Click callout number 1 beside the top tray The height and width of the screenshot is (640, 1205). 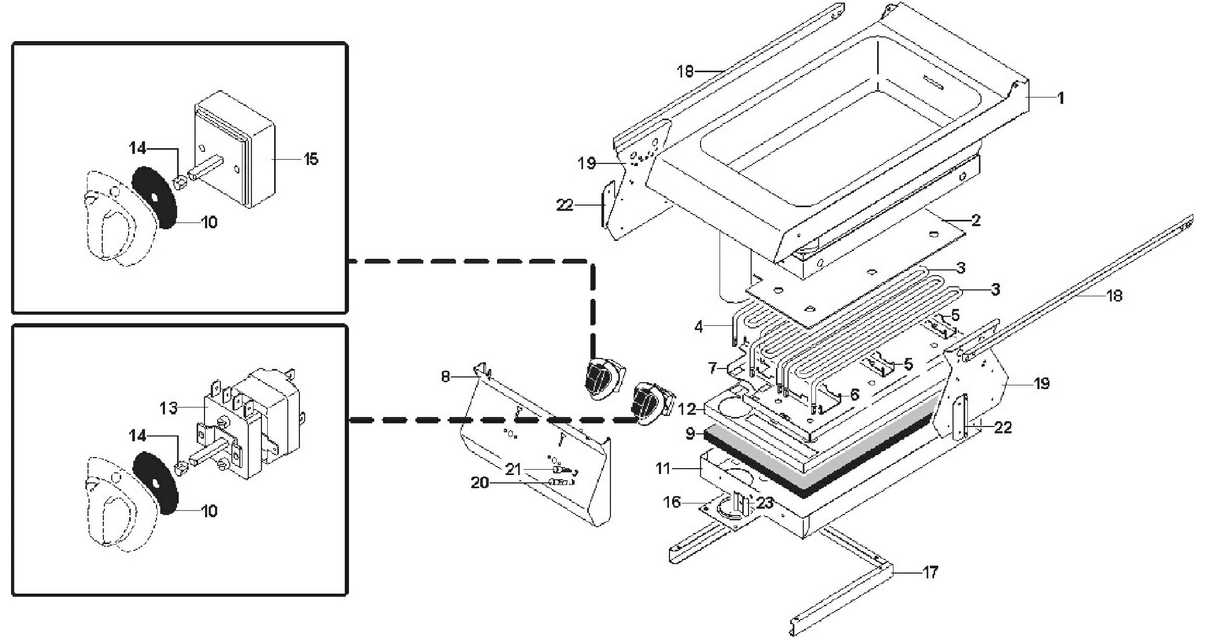[1061, 98]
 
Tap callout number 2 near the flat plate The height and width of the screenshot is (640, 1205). [976, 220]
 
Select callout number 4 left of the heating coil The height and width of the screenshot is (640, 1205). [699, 327]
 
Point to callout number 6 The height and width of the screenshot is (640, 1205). [854, 394]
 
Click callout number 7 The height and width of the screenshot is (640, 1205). [712, 367]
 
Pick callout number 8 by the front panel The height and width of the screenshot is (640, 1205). [446, 377]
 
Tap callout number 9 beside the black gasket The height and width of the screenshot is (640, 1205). [690, 434]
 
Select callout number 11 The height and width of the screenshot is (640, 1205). [664, 468]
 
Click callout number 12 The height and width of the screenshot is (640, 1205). [688, 409]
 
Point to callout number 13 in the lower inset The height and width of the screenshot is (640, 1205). [169, 408]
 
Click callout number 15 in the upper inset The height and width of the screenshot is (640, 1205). [311, 159]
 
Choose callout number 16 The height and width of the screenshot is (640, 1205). [672, 502]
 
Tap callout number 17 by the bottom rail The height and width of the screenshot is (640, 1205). [930, 573]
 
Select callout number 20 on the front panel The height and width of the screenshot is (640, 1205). [480, 482]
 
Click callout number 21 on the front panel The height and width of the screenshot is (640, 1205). [513, 469]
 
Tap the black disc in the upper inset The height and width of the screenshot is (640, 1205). [153, 198]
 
